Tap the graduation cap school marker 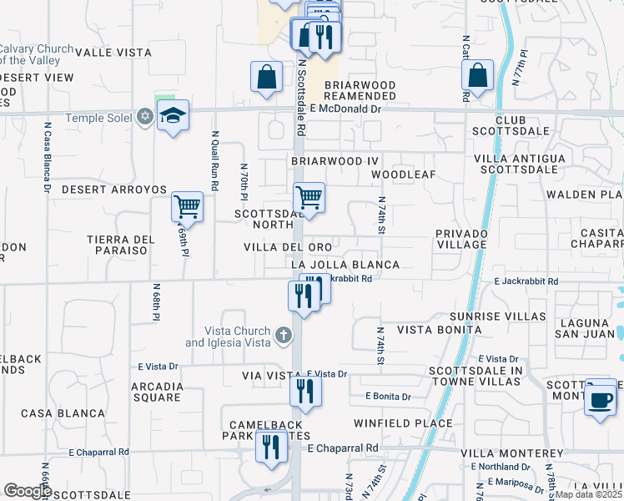[x=174, y=116]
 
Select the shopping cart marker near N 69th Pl [x=187, y=205]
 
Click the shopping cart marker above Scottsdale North [x=309, y=198]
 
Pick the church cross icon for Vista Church [x=284, y=336]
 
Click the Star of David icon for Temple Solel [x=145, y=117]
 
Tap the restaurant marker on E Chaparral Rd [x=271, y=448]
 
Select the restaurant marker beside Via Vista [x=305, y=391]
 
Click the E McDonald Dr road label [x=345, y=109]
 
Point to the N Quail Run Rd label [x=214, y=160]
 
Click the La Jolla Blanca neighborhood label [x=345, y=265]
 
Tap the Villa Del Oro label [x=288, y=247]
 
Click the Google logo [x=28, y=491]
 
